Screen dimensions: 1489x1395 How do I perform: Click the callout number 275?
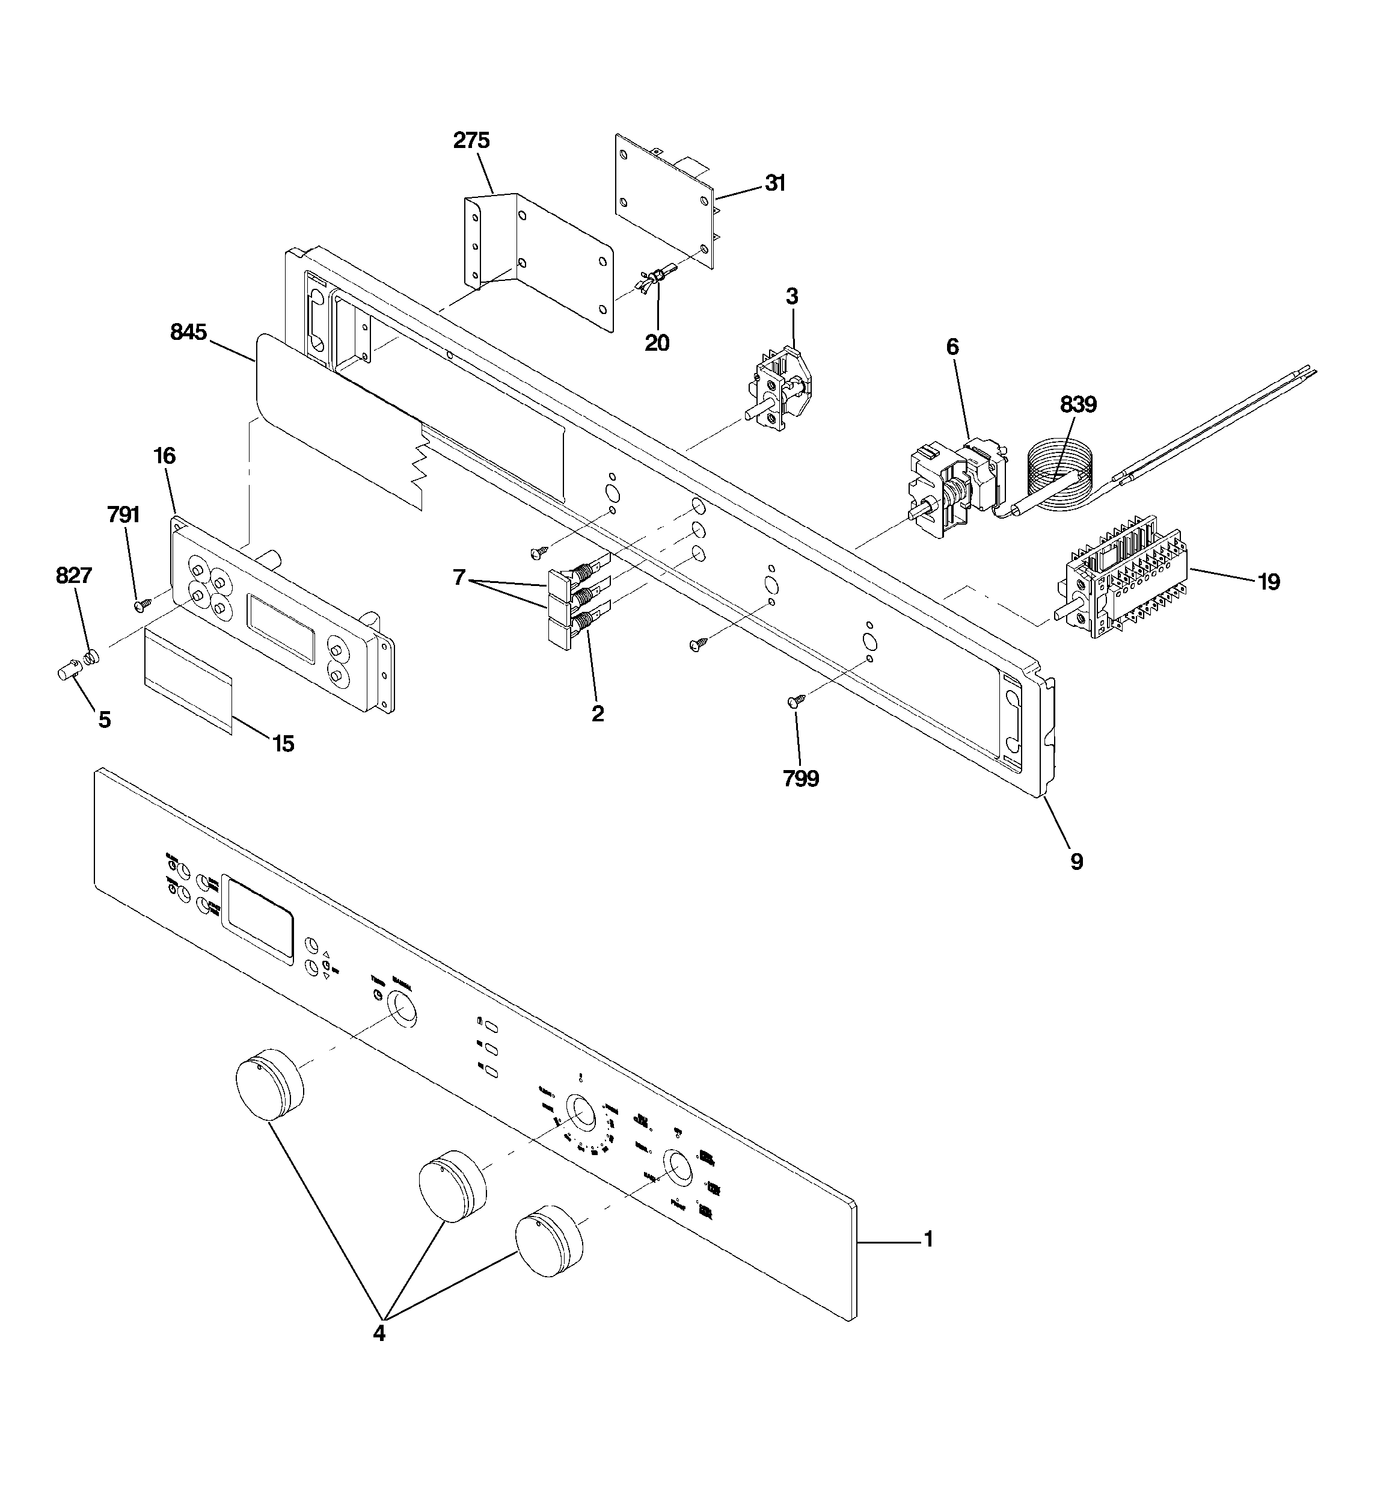point(471,140)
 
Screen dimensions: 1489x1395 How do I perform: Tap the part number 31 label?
point(775,183)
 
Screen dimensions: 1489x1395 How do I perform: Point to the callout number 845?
point(188,332)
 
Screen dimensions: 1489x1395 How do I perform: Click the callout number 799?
point(800,779)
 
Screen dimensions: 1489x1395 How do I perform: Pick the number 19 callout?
point(1269,581)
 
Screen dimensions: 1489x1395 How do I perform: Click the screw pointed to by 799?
point(796,701)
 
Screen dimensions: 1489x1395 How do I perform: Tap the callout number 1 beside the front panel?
point(928,1239)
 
